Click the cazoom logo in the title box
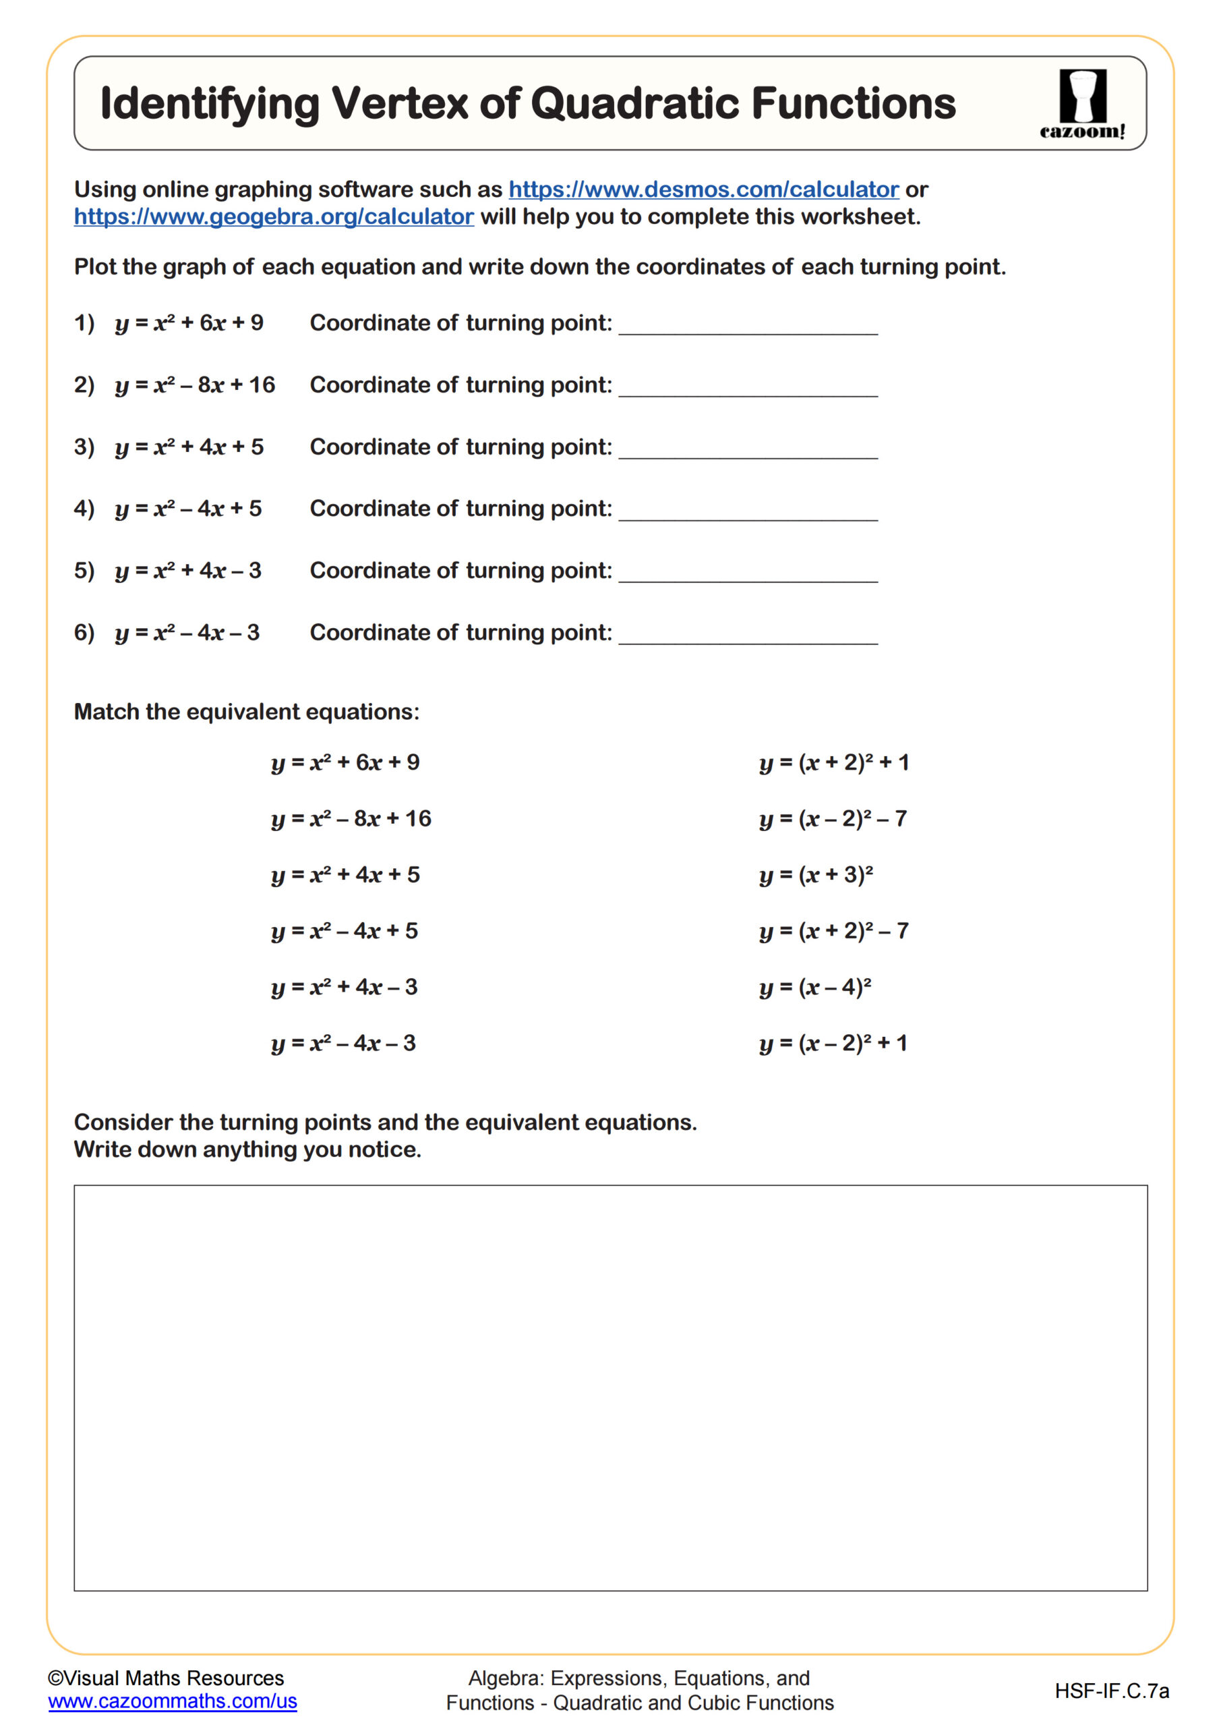pos(1082,104)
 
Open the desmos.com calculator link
pos(703,189)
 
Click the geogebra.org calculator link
pos(274,217)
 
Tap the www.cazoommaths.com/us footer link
pos(172,1701)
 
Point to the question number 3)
pos(84,447)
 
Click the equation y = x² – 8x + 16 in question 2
pos(195,385)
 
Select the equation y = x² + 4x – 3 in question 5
pos(188,571)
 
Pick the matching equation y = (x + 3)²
pos(816,875)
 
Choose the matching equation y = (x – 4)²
pos(815,987)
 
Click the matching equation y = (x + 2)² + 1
pos(834,763)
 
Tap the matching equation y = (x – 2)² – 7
pos(833,818)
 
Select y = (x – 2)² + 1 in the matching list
pos(833,1043)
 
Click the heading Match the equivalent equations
pos(247,712)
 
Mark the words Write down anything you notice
pos(247,1150)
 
